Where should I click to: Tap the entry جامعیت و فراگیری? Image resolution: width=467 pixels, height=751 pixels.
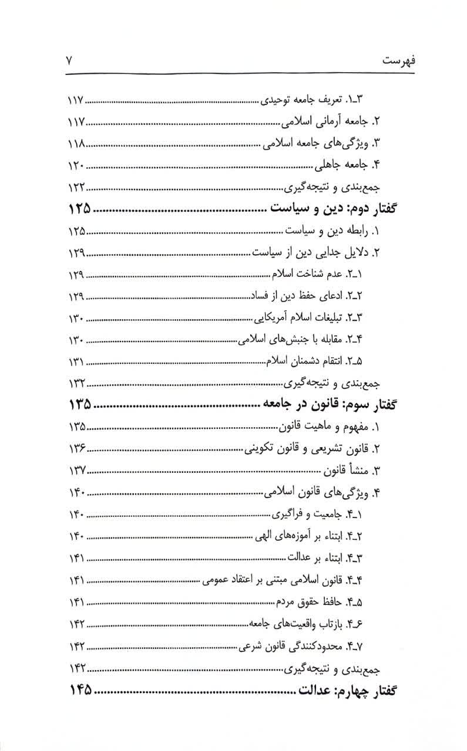(325, 515)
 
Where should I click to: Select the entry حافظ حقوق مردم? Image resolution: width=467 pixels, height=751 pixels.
(324, 603)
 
